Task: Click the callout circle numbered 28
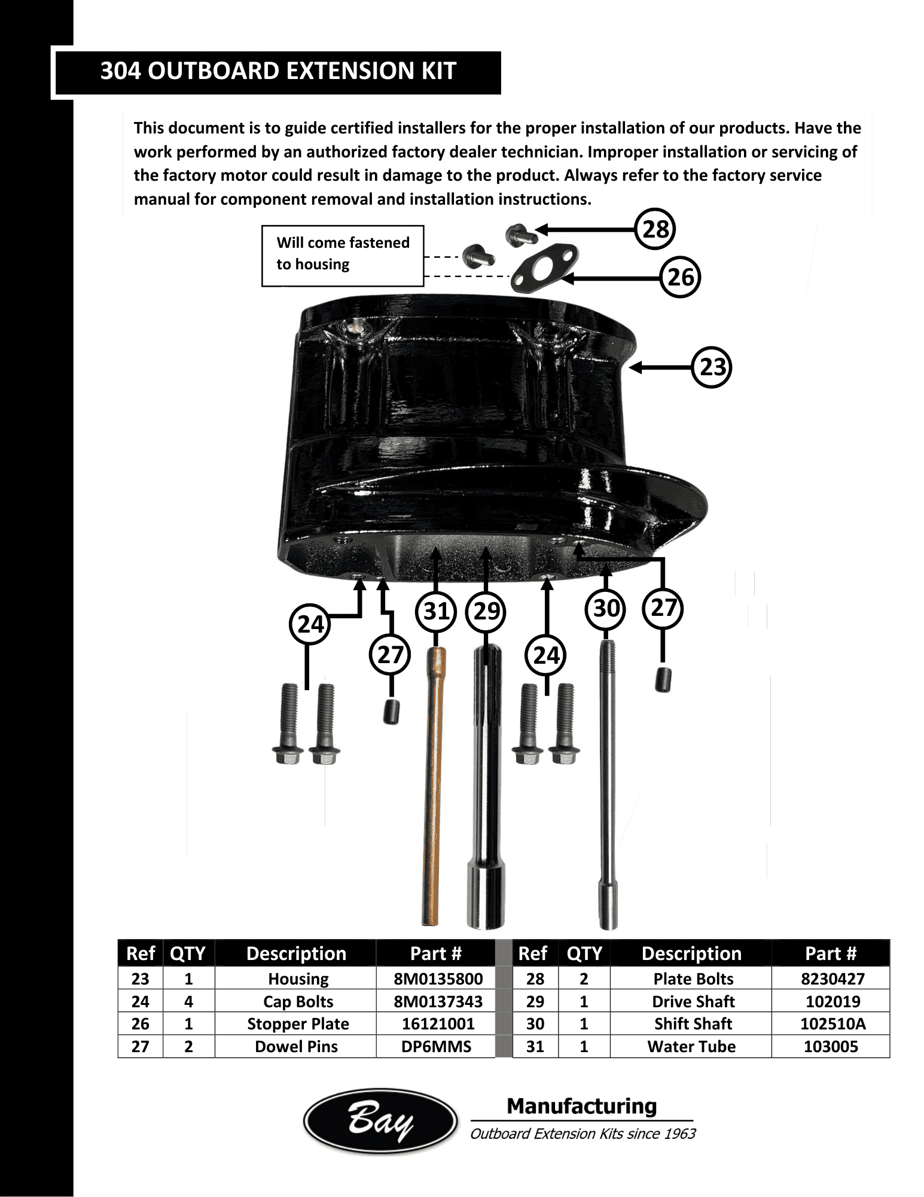[655, 229]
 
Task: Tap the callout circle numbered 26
[680, 278]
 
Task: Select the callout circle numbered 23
[712, 367]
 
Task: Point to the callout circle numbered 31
[436, 612]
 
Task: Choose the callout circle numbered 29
[486, 612]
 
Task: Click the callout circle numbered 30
[606, 609]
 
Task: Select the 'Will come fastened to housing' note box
[343, 256]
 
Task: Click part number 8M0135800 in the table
[438, 979]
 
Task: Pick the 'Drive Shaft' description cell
[693, 1002]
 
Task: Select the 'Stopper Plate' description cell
[298, 1024]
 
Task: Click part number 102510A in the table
[832, 1024]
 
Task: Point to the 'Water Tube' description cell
[691, 1047]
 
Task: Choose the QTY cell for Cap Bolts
[188, 1002]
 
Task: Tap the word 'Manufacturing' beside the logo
[581, 1106]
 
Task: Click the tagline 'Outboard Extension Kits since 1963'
[583, 1134]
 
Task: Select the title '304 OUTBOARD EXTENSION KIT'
[278, 71]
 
